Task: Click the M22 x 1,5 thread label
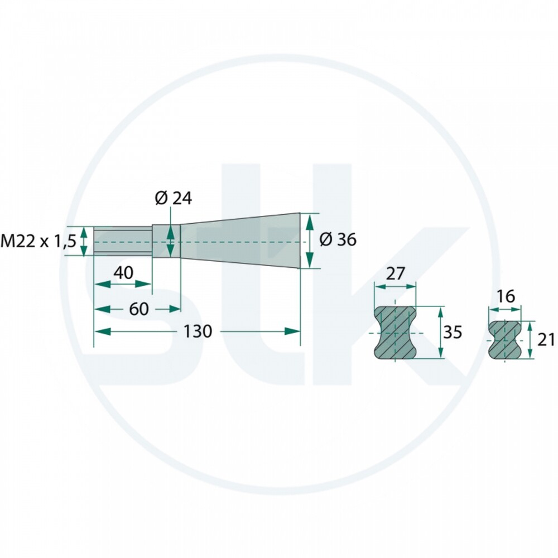click(39, 242)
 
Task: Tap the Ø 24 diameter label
click(174, 198)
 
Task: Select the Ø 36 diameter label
click(338, 239)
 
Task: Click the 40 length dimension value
click(123, 273)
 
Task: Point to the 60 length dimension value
click(139, 309)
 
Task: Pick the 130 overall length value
click(198, 331)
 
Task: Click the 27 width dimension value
click(395, 273)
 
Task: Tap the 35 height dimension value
click(453, 332)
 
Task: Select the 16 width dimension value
click(506, 296)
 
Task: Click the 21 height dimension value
click(546, 340)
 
